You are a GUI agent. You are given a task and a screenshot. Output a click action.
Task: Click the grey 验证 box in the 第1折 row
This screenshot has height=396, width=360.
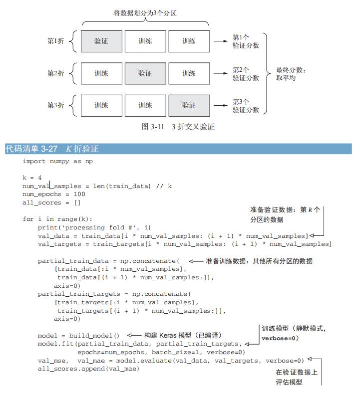pos(101,41)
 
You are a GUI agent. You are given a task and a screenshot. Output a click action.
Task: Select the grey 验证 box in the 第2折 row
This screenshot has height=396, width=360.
pos(145,73)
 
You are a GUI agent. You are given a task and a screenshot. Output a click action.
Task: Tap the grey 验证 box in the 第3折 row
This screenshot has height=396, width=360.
pos(189,105)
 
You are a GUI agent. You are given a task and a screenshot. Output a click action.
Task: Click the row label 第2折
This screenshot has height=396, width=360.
pos(55,73)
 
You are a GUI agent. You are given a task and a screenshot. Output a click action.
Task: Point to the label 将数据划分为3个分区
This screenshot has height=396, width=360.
pos(145,13)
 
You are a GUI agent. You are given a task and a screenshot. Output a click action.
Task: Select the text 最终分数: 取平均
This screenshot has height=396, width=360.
pos(291,74)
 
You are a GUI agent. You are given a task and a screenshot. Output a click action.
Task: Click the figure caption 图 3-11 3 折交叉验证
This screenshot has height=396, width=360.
pos(178,127)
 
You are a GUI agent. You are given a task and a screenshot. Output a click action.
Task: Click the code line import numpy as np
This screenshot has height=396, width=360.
pos(58,161)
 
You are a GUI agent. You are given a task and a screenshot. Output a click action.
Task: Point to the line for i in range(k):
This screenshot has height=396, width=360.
pos(58,219)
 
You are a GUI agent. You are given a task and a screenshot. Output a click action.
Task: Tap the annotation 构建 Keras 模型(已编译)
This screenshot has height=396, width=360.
pos(183,335)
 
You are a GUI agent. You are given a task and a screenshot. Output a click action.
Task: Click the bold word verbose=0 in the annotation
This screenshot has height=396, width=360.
pos(280,338)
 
